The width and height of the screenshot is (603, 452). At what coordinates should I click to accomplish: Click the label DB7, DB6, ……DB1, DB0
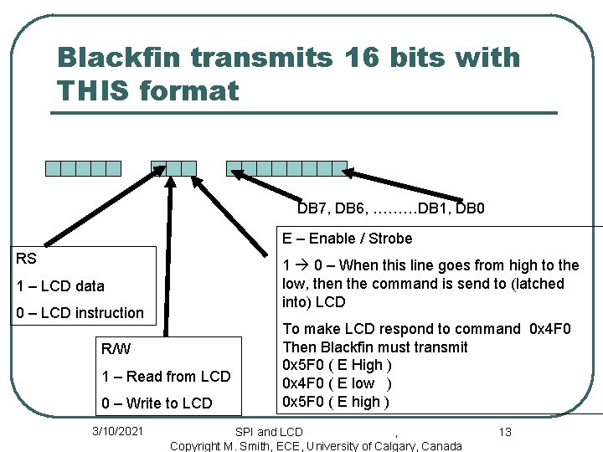(x=391, y=208)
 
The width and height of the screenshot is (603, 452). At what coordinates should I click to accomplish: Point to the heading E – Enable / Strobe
(x=347, y=239)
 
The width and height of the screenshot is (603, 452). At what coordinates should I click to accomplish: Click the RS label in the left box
(x=27, y=259)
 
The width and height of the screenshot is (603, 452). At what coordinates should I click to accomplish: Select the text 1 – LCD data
(x=61, y=286)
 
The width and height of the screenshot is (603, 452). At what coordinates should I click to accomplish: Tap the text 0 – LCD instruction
(x=80, y=313)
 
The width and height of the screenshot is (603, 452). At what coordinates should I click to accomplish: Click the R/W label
(x=116, y=349)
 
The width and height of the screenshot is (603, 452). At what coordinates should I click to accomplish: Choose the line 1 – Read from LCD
(x=166, y=376)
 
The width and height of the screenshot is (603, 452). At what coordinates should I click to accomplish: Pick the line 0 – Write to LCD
(x=157, y=403)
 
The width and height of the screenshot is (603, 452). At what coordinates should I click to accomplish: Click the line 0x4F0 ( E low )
(x=338, y=383)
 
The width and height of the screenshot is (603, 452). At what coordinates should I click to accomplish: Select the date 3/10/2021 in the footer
(x=117, y=431)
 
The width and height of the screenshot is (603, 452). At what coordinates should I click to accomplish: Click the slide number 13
(x=504, y=432)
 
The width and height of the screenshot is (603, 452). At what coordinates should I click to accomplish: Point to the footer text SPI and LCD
(x=269, y=432)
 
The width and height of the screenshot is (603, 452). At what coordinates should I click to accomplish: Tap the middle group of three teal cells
(x=173, y=168)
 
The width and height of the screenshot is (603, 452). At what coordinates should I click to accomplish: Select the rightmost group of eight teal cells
(x=286, y=168)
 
